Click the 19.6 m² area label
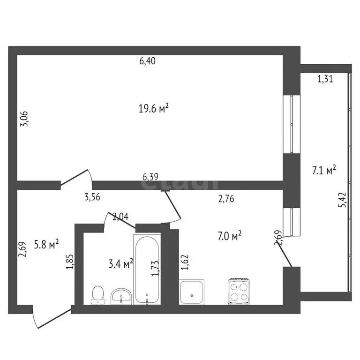pyautogui.click(x=153, y=109)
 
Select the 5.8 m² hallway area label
pyautogui.click(x=47, y=244)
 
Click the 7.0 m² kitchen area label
pyautogui.click(x=230, y=236)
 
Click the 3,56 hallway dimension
pyautogui.click(x=92, y=197)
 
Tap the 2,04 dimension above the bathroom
pyautogui.click(x=120, y=216)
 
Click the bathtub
pyautogui.click(x=147, y=270)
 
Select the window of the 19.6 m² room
pyautogui.click(x=292, y=124)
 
